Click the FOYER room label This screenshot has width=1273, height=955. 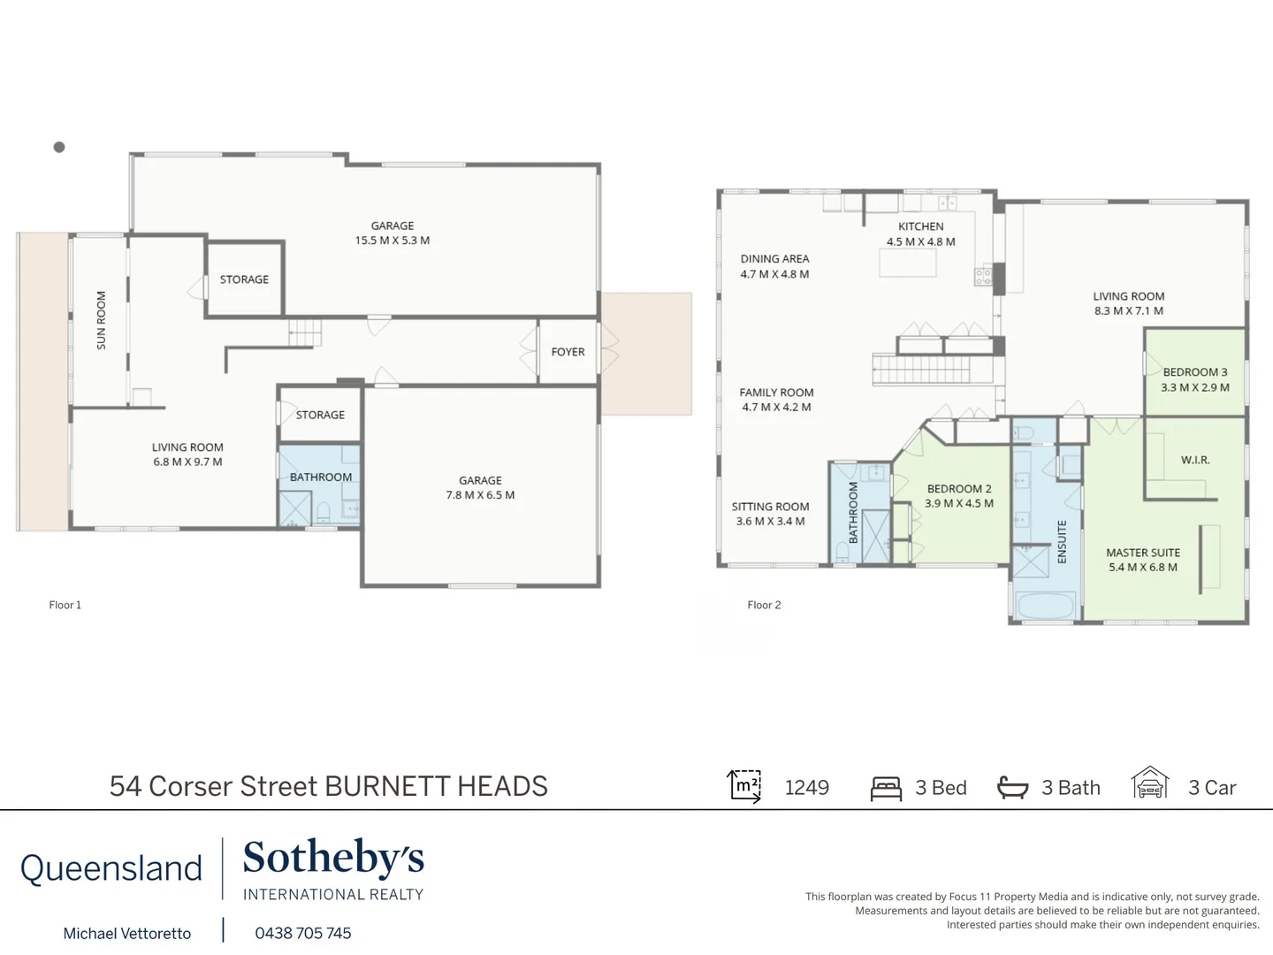[x=568, y=352]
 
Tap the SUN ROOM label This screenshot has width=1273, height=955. [x=101, y=320]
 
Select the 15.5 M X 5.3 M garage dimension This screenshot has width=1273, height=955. [x=393, y=241]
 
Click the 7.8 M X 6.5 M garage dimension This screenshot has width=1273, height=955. [x=480, y=495]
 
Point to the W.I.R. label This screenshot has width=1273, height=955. [x=1195, y=460]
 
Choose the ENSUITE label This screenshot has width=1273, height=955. [x=1062, y=541]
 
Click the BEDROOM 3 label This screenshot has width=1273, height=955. [x=1195, y=372]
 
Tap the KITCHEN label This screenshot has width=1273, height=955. [x=921, y=226]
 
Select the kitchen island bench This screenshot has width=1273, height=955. [x=907, y=264]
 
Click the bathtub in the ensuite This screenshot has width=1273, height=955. [x=1045, y=607]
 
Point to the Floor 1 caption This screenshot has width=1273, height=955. [x=65, y=605]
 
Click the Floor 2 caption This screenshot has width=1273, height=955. [x=764, y=605]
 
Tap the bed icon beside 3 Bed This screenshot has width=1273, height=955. [x=886, y=788]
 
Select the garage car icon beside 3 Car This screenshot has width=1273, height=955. [x=1150, y=783]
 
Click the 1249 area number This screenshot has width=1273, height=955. [x=807, y=788]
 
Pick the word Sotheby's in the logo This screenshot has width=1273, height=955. [x=333, y=858]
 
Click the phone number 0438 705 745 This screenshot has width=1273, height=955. [x=303, y=933]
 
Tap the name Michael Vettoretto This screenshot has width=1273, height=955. [x=127, y=933]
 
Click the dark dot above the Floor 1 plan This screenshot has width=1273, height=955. [x=59, y=148]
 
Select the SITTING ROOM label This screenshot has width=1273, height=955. [x=771, y=507]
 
